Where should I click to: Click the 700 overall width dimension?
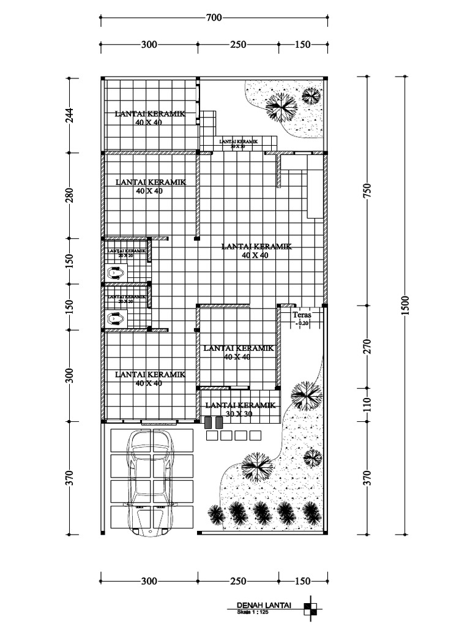[214, 18]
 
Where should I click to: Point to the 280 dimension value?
[69, 195]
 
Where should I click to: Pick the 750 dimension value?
[367, 190]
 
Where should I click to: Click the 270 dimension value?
[367, 347]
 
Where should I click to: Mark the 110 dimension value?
[367, 404]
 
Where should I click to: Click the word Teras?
[302, 315]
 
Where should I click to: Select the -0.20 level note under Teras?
[302, 323]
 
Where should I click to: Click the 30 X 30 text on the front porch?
[239, 414]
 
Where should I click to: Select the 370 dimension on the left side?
[69, 478]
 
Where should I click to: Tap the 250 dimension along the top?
[238, 44]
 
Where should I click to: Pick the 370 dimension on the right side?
[367, 478]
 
